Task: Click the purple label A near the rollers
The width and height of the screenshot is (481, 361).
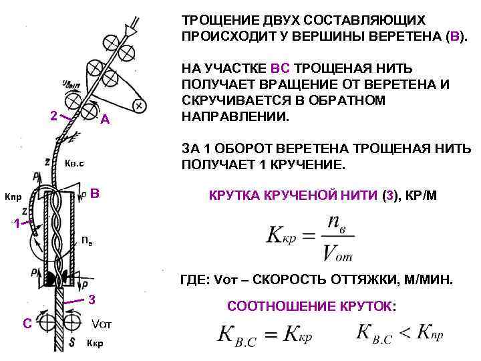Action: (x=104, y=120)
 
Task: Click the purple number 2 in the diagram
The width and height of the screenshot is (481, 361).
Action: (x=54, y=116)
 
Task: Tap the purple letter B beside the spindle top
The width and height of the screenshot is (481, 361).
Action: (x=95, y=194)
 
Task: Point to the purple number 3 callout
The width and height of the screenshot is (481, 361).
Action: (x=92, y=299)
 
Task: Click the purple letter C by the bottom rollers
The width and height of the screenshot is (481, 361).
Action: (x=27, y=324)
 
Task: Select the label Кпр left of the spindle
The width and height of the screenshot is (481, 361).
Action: (x=13, y=198)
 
